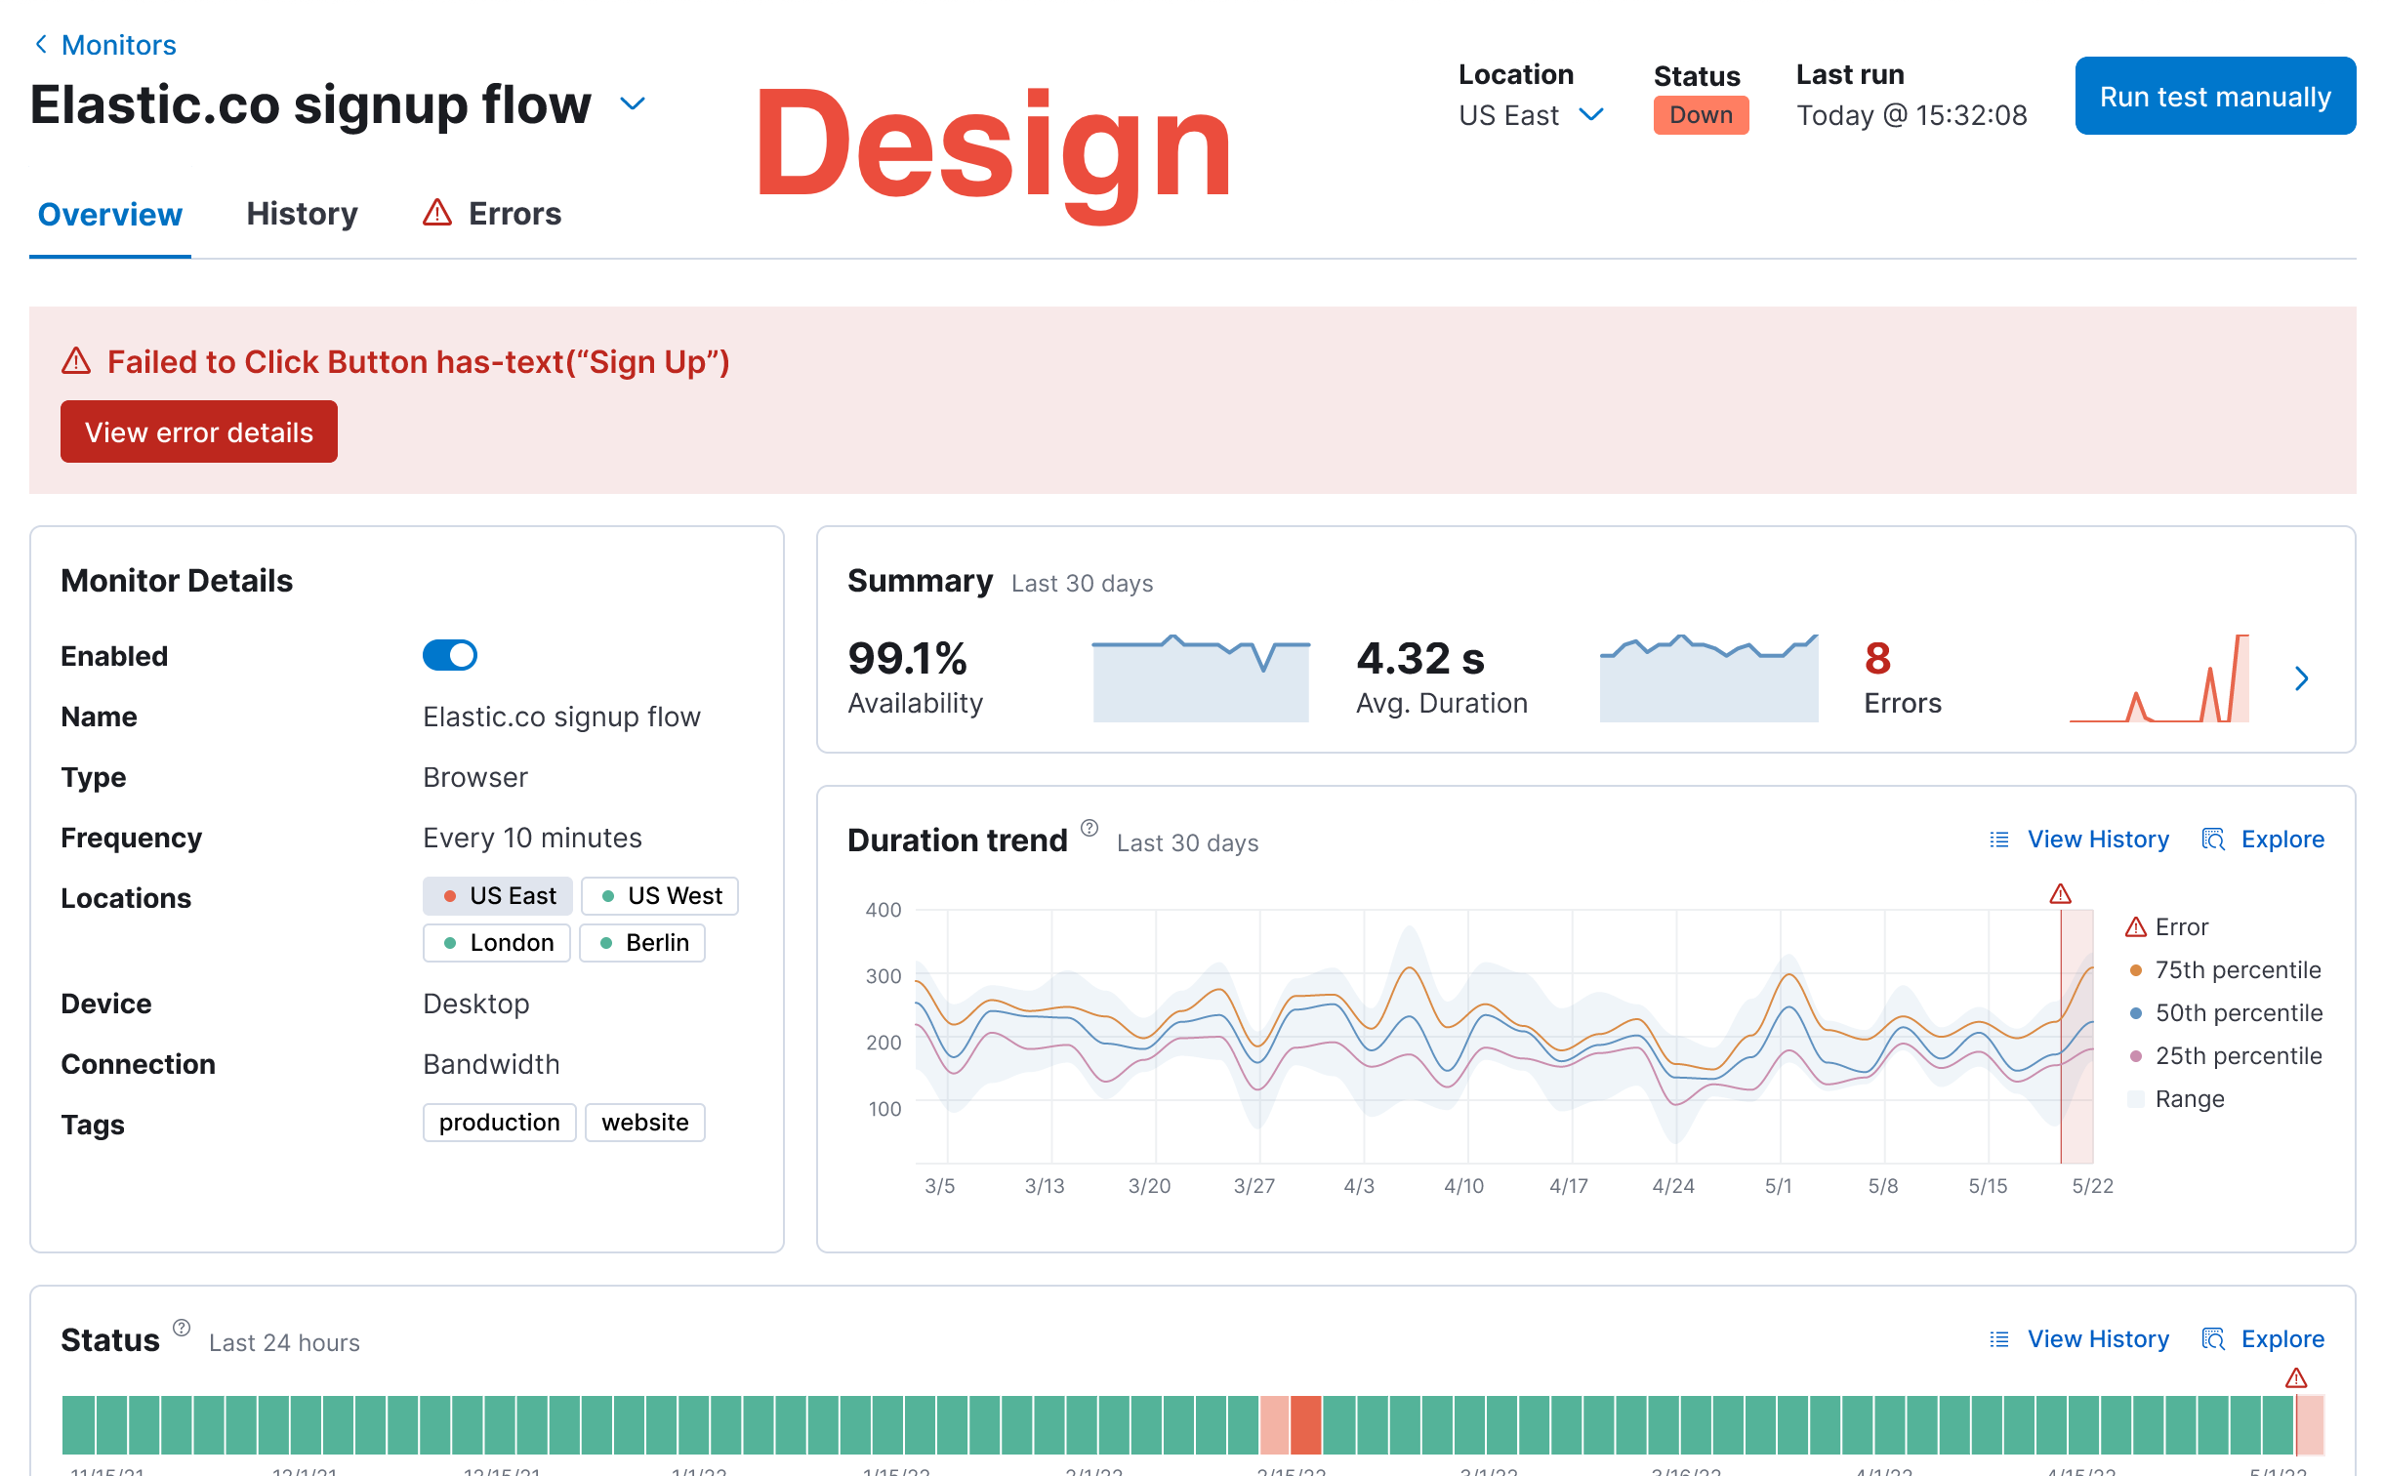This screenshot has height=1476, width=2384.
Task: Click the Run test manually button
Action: point(2214,96)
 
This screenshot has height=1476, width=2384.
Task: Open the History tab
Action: point(302,214)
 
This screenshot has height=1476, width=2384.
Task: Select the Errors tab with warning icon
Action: point(492,214)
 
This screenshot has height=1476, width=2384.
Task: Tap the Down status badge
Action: point(1700,115)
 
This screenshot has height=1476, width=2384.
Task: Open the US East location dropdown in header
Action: point(1530,115)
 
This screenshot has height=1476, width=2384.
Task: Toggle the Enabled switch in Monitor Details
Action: point(449,655)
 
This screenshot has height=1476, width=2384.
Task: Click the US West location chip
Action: point(660,896)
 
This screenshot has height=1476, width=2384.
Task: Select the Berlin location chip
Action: point(642,943)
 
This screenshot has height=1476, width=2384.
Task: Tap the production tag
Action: point(499,1123)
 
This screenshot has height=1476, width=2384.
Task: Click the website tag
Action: point(644,1123)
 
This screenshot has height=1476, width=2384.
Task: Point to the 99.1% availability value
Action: point(907,658)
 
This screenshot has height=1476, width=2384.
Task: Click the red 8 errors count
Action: point(1876,658)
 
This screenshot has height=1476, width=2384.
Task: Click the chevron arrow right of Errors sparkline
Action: point(2301,678)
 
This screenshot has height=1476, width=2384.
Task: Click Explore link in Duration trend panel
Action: point(2281,840)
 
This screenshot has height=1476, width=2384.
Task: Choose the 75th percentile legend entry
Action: point(2237,970)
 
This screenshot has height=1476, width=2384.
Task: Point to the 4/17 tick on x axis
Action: point(1568,1186)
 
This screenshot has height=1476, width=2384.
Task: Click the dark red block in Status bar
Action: point(1305,1425)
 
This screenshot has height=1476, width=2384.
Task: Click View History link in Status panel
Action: point(2097,1339)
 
